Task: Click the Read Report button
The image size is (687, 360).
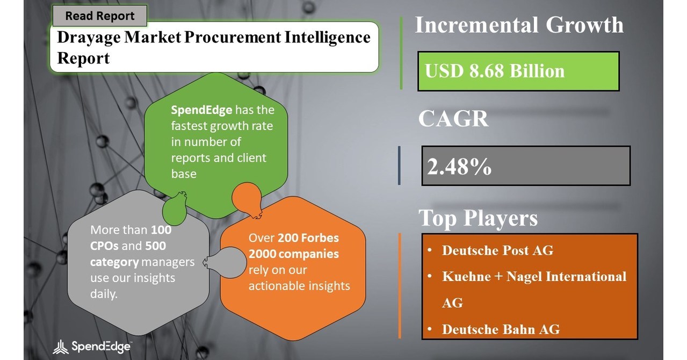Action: click(99, 16)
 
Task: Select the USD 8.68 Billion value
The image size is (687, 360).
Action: click(495, 71)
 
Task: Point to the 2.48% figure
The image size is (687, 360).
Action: click(459, 167)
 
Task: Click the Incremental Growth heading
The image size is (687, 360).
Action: click(519, 25)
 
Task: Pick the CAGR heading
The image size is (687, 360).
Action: click(453, 119)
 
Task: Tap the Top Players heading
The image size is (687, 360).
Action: click(478, 218)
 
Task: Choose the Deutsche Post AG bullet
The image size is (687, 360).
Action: click(497, 250)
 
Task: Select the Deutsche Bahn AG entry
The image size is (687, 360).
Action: click(500, 329)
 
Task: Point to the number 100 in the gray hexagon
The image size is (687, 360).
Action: click(161, 230)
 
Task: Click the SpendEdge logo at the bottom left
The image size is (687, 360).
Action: click(92, 347)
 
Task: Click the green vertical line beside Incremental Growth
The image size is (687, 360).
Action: click(401, 53)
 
